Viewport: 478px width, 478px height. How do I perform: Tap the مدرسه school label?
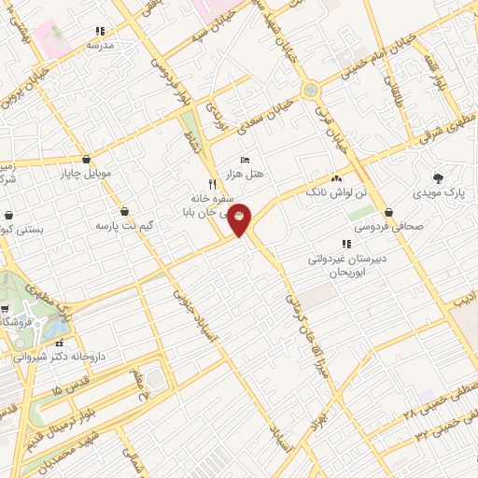pos(99,45)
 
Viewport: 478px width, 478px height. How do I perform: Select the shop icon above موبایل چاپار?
pos(87,159)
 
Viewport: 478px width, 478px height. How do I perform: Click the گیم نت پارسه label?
pos(121,226)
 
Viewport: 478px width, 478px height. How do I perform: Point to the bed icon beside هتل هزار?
pos(246,160)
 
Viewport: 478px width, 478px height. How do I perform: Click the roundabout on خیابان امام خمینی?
pos(310,91)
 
